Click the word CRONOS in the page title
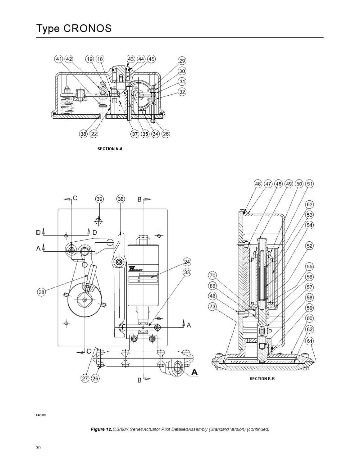(88, 29)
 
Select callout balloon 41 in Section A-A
(59, 59)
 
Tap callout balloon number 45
(151, 59)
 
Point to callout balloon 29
(182, 61)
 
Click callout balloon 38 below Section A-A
(83, 134)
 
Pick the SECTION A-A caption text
(110, 149)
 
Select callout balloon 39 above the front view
(99, 199)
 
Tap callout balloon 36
(121, 199)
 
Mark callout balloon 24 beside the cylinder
(187, 262)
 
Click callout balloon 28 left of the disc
(42, 292)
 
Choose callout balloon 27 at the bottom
(85, 378)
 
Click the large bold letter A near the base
(194, 372)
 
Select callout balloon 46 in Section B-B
(258, 184)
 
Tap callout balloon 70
(212, 276)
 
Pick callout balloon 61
(310, 341)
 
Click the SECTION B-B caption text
(262, 379)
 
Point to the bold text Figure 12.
(101, 429)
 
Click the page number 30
(38, 448)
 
